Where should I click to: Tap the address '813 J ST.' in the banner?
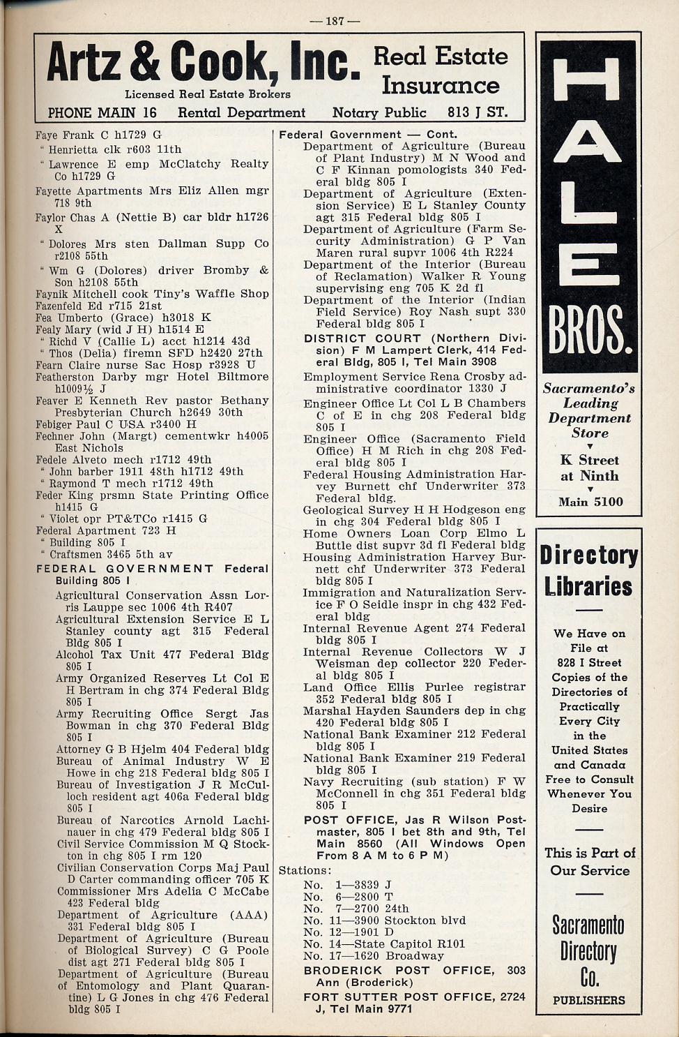tap(478, 112)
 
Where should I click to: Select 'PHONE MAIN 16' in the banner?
tap(102, 112)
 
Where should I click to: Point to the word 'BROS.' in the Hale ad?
tap(590, 333)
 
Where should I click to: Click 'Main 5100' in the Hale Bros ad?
tap(590, 501)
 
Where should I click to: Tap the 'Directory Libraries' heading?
tap(589, 570)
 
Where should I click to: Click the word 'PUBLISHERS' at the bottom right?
tap(589, 999)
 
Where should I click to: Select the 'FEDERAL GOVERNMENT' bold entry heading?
tap(125, 569)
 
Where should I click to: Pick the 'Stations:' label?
tap(305, 870)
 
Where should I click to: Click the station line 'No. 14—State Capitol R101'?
tap(384, 943)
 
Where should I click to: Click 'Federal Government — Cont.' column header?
tap(368, 134)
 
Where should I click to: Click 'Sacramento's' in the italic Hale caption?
tap(589, 388)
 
